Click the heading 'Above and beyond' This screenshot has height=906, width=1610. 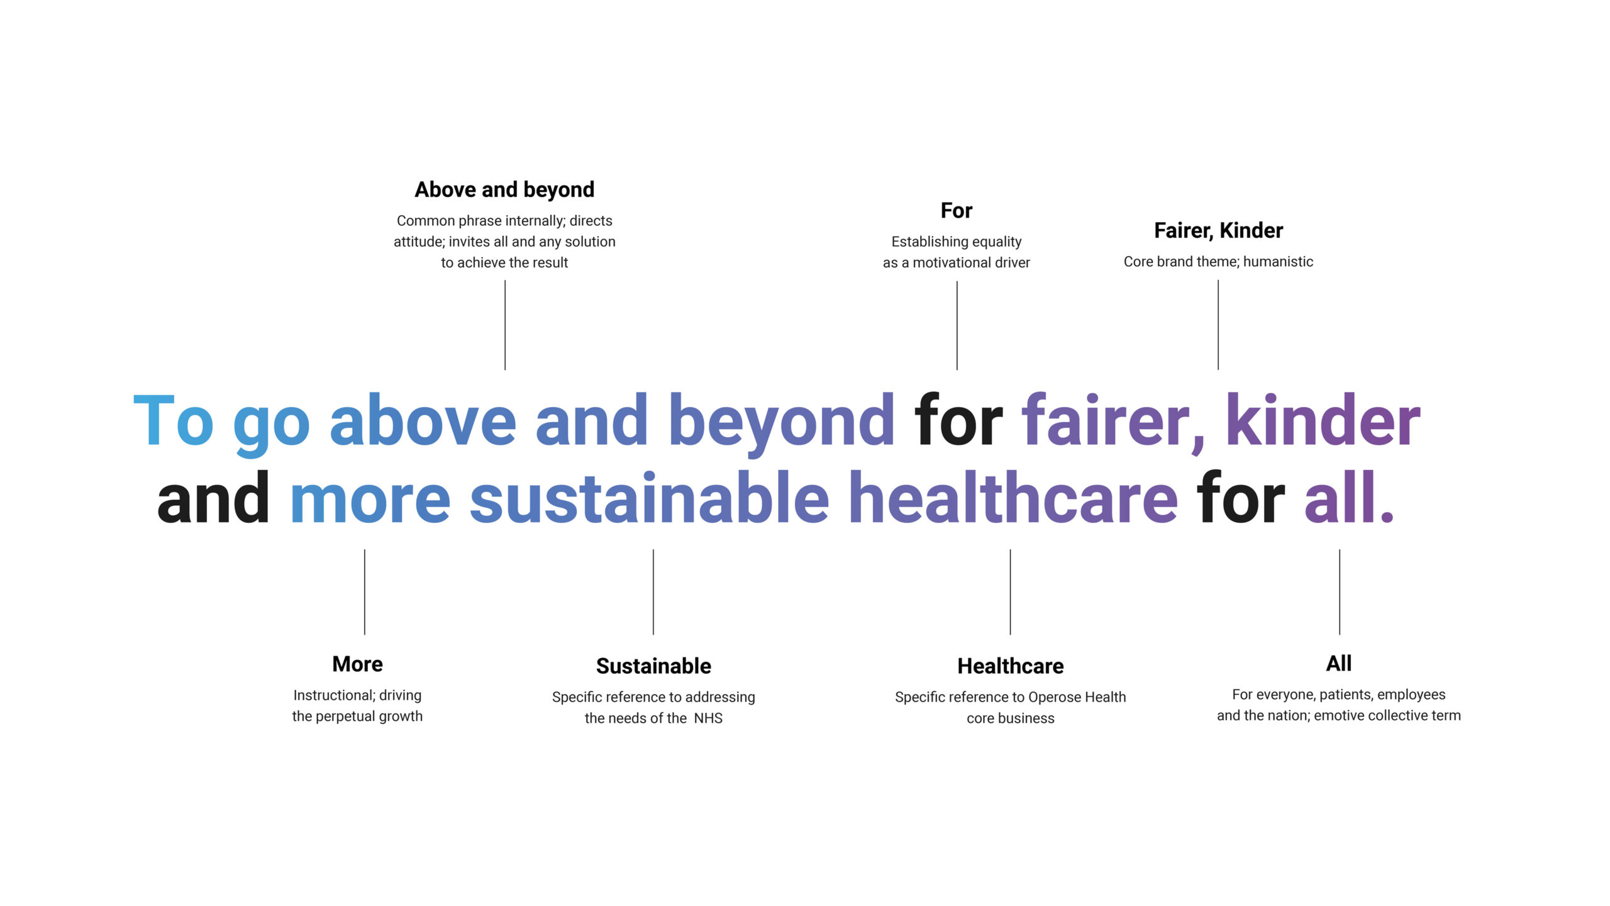pos(504,189)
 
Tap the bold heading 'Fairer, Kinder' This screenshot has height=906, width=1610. pos(1218,230)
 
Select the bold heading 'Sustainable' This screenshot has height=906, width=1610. pos(653,666)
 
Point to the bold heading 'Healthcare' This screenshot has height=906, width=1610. pos(1011,666)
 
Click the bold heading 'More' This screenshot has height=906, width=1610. pos(357,664)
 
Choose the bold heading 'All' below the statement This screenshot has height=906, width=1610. pos(1339,663)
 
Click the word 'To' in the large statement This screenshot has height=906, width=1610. pos(174,420)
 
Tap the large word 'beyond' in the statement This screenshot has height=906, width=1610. pos(781,423)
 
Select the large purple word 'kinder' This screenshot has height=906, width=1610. pos(1323,419)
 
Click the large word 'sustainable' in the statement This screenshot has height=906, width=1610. pos(650,497)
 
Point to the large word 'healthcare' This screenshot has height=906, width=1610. pos(1013,497)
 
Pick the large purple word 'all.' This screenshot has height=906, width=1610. pos(1350,497)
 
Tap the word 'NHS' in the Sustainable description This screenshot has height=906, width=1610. pos(708,718)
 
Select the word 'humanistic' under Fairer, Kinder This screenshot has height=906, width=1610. pos(1278,262)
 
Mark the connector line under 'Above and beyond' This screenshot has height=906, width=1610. pos(505,325)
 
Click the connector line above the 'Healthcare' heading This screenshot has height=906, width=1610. pos(1011,592)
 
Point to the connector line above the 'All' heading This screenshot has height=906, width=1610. pos(1340,592)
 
